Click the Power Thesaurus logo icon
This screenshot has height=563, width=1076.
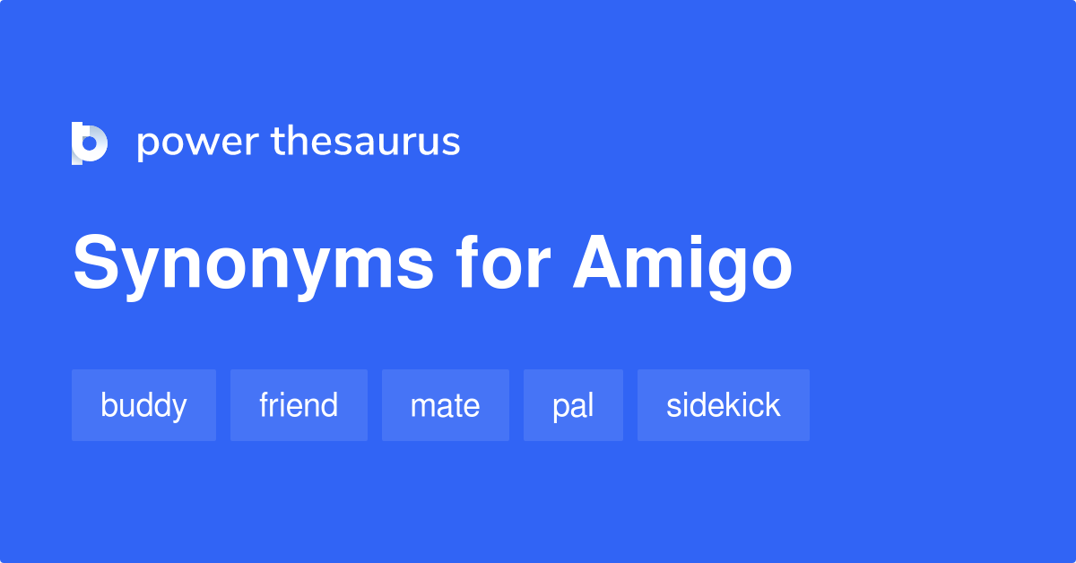(90, 143)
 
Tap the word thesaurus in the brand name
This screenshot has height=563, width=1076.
(366, 143)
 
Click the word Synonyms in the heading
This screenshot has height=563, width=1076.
(253, 265)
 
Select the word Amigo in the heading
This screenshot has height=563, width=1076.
(683, 265)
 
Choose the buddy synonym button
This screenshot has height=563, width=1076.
(143, 405)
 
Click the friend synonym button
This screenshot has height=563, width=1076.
(299, 405)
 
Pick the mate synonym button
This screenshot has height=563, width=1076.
(445, 405)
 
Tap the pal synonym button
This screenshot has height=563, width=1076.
(573, 405)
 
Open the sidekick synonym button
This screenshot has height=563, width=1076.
(723, 405)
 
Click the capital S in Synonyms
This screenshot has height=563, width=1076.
(97, 264)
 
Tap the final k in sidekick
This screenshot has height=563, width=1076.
(772, 405)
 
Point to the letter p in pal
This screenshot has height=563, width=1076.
(560, 409)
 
